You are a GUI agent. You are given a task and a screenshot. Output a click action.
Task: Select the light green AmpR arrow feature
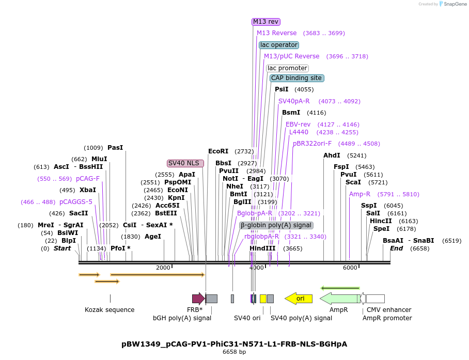point(339,299)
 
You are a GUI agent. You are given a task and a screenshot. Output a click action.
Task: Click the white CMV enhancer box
point(375,299)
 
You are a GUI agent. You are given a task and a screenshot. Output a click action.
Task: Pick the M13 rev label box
point(265,22)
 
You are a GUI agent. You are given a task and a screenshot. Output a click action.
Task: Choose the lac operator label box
point(279,45)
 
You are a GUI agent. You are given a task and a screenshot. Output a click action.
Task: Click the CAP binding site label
point(296,78)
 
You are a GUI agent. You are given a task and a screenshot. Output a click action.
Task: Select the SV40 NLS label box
point(185,163)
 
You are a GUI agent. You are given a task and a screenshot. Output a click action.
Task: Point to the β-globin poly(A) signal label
point(276,225)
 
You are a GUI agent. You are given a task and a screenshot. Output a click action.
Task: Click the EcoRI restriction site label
point(218,151)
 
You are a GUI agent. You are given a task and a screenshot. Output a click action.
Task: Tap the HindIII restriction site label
point(262,248)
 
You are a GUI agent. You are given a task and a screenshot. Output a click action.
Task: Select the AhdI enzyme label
point(332,155)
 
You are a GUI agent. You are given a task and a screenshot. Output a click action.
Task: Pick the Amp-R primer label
point(359,194)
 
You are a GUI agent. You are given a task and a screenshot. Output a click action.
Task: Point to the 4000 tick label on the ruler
point(257,268)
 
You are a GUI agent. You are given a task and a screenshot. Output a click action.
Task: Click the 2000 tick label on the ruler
point(163,268)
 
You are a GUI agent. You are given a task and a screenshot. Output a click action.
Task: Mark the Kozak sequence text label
point(110,310)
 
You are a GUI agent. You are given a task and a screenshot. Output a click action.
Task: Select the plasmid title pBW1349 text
point(234,343)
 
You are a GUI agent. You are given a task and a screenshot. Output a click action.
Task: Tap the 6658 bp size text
point(234,352)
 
